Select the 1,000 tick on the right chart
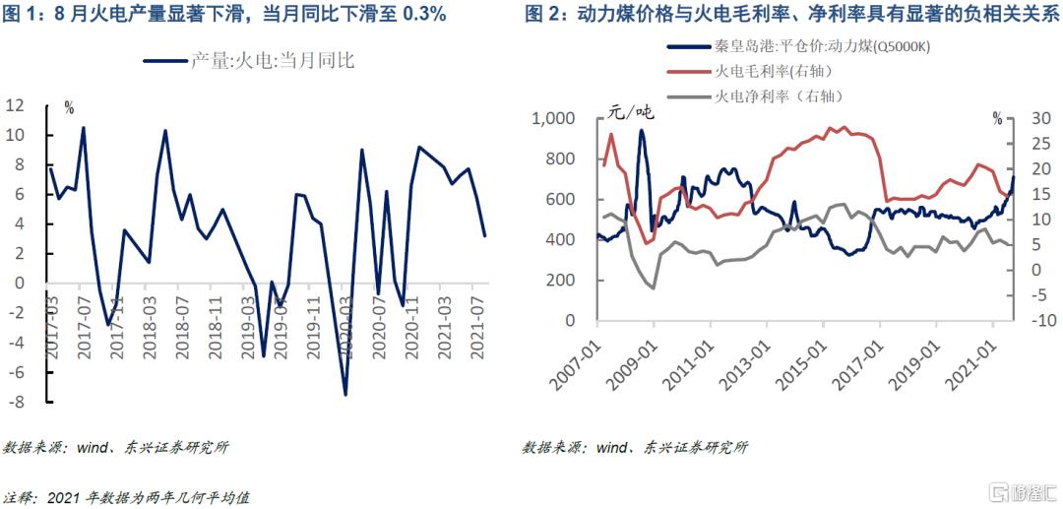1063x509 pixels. [551, 119]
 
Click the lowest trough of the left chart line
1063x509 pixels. [345, 395]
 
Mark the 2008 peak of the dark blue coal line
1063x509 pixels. [642, 130]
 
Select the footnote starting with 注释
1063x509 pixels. [127, 497]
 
